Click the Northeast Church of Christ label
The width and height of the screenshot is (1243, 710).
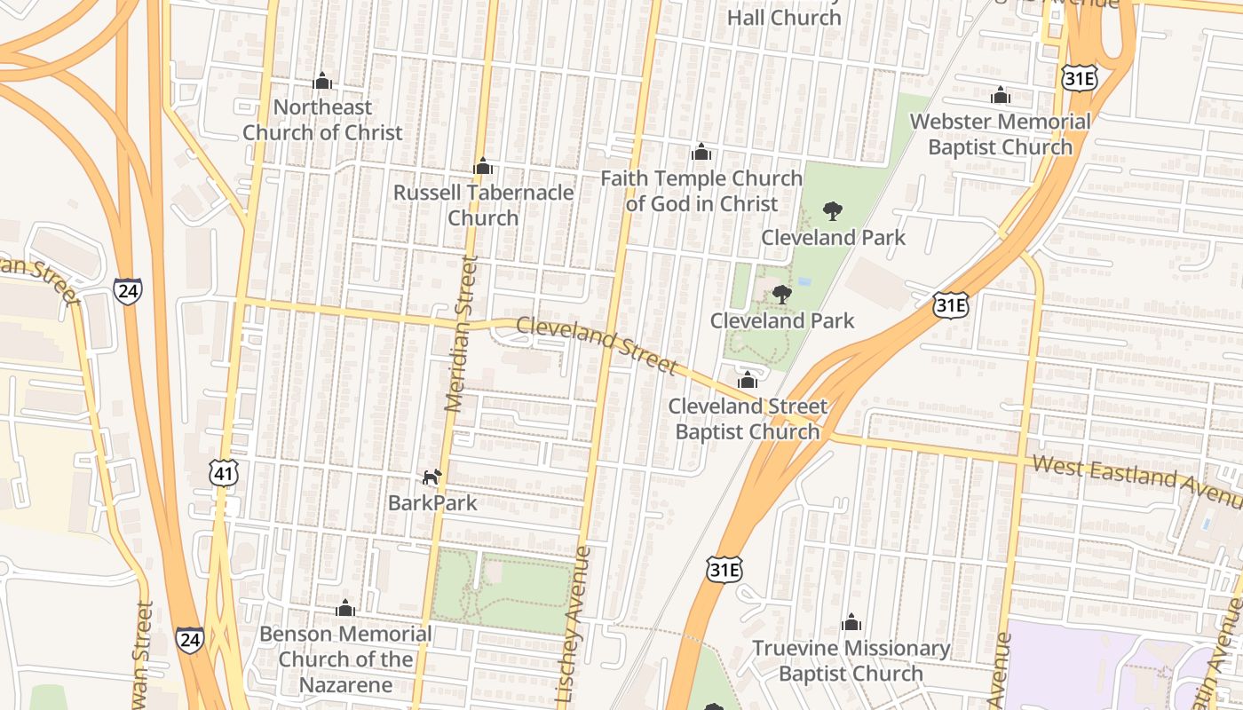click(322, 120)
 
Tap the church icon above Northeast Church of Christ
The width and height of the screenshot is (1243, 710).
click(322, 82)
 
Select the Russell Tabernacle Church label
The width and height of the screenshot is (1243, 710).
click(483, 205)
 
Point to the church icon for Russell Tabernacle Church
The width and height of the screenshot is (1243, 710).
click(483, 166)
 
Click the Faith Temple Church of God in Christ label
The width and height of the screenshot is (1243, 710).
click(701, 191)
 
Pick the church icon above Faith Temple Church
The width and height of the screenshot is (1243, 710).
click(701, 153)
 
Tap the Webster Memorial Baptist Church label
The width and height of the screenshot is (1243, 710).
click(1001, 134)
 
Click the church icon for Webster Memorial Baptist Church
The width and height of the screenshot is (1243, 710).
click(1001, 95)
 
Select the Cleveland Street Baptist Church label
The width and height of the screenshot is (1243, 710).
click(748, 419)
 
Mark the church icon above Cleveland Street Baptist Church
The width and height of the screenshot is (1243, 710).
click(748, 380)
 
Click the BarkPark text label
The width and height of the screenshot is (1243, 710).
click(432, 503)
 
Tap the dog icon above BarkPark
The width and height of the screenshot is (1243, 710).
click(431, 477)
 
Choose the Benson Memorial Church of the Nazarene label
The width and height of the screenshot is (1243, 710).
click(345, 659)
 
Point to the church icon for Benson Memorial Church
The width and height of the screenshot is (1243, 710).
click(345, 608)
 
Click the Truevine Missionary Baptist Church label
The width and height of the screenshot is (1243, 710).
click(851, 661)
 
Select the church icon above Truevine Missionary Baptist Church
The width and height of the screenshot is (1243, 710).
click(851, 622)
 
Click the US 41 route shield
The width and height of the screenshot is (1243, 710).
click(224, 474)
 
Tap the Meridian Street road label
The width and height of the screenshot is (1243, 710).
click(460, 334)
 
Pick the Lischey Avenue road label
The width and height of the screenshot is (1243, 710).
click(573, 626)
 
